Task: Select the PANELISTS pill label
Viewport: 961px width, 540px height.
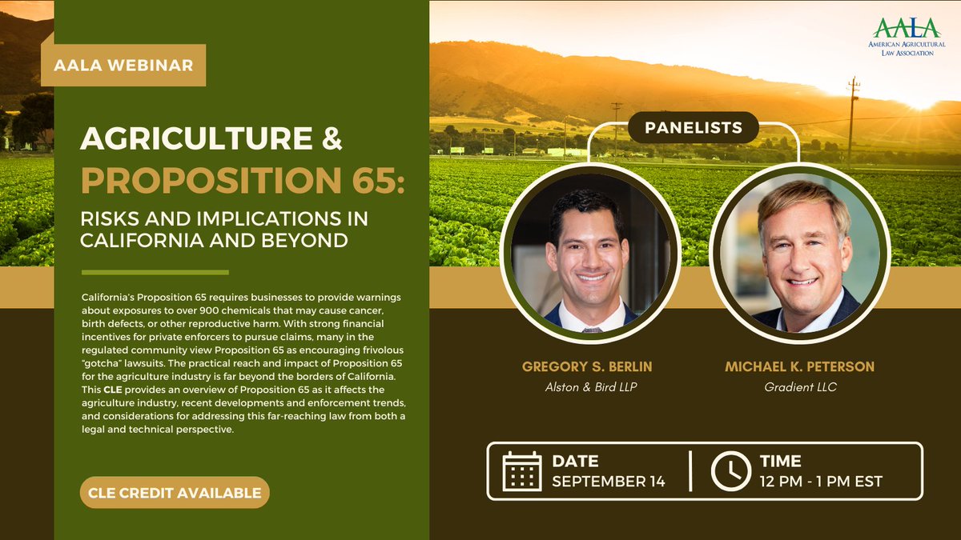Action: pos(694,127)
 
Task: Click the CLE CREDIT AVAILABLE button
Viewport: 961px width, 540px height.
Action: pos(175,492)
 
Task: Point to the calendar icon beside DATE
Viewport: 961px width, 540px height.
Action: pos(522,470)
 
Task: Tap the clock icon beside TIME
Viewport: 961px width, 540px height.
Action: pos(730,470)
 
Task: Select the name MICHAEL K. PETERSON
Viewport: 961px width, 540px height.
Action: pos(799,366)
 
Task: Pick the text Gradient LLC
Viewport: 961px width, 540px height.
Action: pos(799,387)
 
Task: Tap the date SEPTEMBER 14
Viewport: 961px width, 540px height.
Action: pos(609,482)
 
